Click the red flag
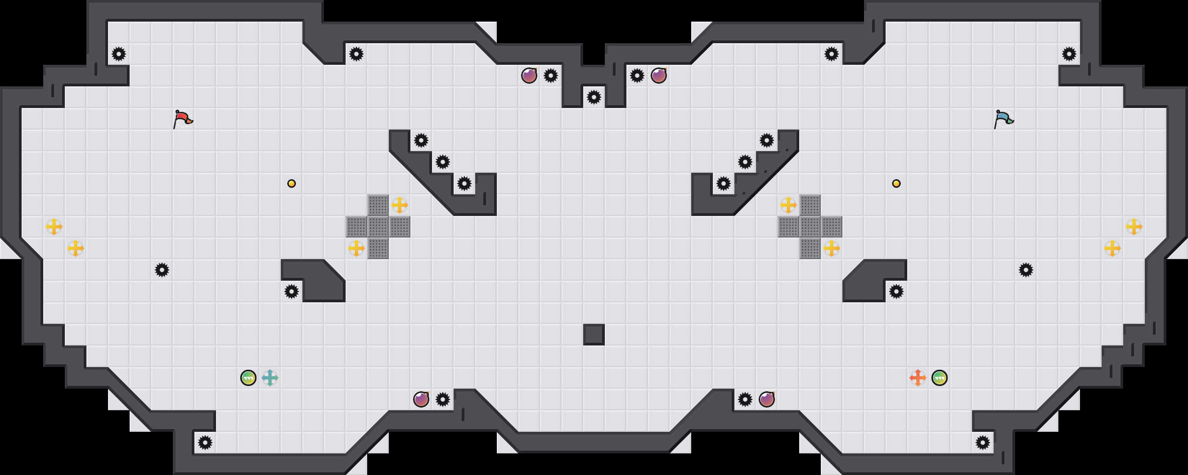tap(183, 118)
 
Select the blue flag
tap(1003, 118)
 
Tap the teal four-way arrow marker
tap(270, 378)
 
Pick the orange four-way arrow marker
tap(918, 378)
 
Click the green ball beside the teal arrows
tap(248, 378)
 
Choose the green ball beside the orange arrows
tap(940, 378)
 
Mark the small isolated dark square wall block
tap(594, 335)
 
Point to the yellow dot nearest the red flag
tap(292, 184)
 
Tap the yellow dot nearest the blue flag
tap(896, 184)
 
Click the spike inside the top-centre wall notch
tap(594, 97)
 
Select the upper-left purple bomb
tap(529, 76)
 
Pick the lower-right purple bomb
tap(767, 399)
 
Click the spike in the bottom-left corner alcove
tap(205, 443)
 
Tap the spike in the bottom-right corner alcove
tap(983, 443)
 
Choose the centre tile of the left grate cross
tap(378, 227)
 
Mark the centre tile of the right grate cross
tap(810, 227)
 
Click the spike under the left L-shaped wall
tap(292, 291)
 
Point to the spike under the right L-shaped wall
tap(896, 291)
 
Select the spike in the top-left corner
tap(119, 54)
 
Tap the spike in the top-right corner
tap(1069, 54)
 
